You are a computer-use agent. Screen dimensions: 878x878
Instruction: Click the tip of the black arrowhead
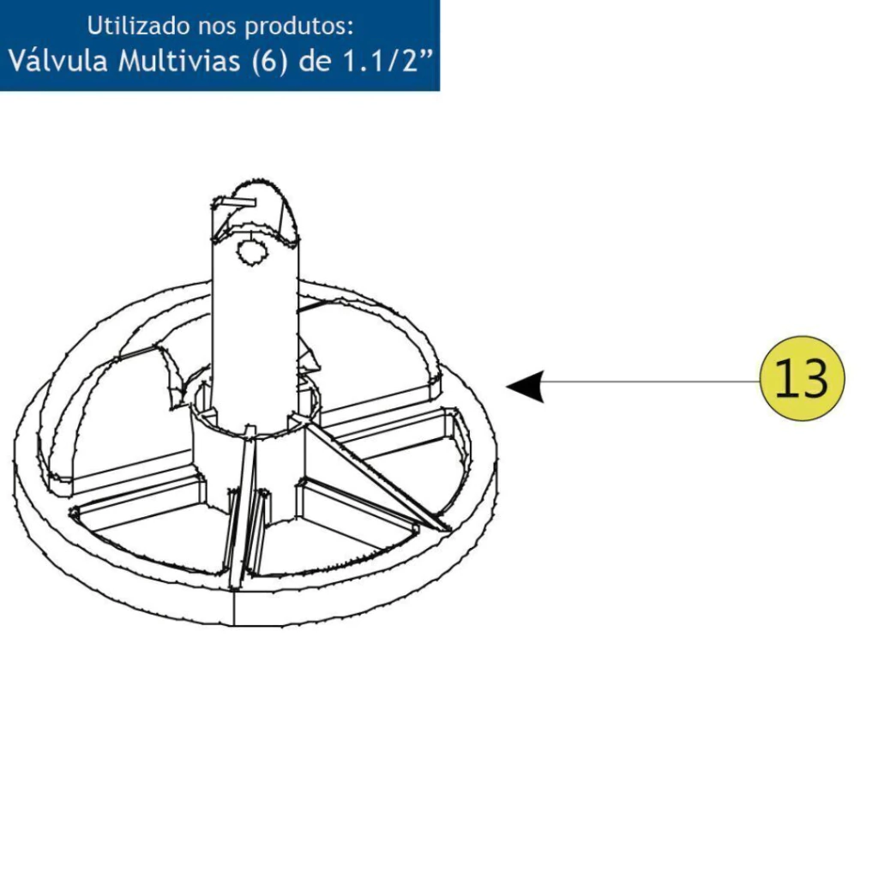coord(506,385)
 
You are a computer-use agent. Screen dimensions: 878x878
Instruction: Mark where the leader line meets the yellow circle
coord(760,382)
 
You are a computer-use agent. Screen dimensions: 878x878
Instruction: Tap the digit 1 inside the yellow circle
coord(785,377)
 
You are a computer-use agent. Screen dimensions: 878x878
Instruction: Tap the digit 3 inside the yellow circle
coord(813,378)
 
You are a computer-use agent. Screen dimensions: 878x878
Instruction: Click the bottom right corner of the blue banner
coord(440,91)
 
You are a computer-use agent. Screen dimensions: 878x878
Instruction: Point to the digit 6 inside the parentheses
coord(268,61)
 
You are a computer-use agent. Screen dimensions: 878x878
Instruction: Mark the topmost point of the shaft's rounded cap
coord(259,180)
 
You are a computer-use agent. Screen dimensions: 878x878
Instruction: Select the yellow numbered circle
coord(802,378)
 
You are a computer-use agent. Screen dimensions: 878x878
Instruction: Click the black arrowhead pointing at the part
coord(526,387)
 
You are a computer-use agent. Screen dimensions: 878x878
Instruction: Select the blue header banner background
coord(219,45)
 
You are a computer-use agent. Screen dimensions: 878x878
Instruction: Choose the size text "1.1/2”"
coord(388,61)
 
